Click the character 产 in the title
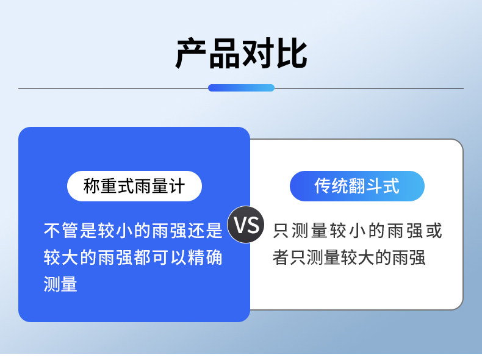pos(191,54)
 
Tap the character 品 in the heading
pos(224,54)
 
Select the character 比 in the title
pos(291,54)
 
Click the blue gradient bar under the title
pos(241,88)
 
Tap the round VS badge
pos(246,225)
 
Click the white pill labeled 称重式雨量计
pos(134,186)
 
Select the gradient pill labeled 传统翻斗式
pos(357,186)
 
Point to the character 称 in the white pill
pos(92,186)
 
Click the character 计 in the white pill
pos(176,186)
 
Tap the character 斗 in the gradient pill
pos(374,186)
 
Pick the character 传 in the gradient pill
pos(323,186)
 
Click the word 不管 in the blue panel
pos(61,230)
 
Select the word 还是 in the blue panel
pos(205,230)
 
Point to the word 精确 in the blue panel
pos(205,257)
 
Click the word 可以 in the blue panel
pos(169,257)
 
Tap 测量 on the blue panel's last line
pos(60,284)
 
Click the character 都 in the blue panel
pos(142,257)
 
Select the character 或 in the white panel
pos(434,230)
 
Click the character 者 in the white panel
pos(280,257)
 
